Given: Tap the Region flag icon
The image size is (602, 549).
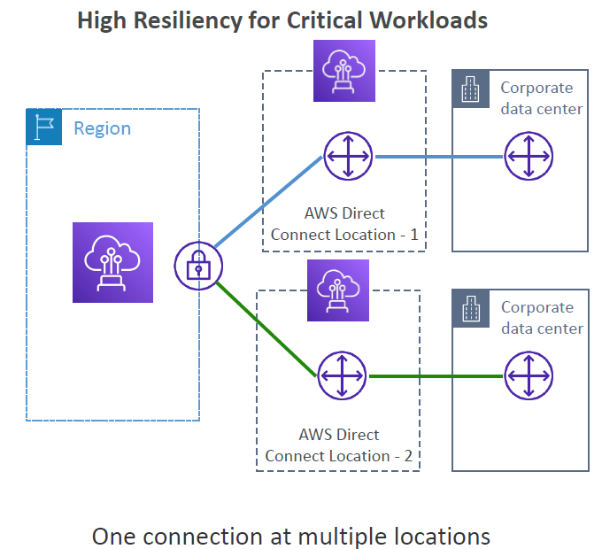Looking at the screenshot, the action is point(43,127).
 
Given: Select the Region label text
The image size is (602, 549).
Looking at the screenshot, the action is point(102,128).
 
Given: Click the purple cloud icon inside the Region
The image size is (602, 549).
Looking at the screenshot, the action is point(113,262).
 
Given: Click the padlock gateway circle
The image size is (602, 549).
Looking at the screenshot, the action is point(198,266).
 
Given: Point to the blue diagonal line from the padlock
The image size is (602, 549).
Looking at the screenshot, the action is point(268,202).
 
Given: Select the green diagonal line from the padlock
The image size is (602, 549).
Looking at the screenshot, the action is point(266,329).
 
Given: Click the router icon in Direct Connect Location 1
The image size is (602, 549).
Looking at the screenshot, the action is point(348,156).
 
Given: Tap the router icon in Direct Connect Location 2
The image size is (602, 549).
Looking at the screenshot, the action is point(342,375).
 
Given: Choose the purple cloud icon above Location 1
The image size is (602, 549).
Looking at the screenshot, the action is point(344,71).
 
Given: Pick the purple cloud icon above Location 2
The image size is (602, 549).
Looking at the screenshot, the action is point(338,290).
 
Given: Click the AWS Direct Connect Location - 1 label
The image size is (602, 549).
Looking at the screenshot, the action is point(344,224).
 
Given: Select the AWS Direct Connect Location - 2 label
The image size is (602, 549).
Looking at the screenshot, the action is point(338,445).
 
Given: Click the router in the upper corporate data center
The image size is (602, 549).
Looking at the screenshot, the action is point(529,156).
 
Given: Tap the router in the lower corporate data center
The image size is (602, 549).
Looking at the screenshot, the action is point(529,375).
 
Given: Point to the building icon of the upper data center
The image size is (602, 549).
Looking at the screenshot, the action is point(471,89).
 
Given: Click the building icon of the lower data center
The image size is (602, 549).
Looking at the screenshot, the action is point(471,308).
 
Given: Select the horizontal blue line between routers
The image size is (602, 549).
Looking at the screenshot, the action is point(439,157).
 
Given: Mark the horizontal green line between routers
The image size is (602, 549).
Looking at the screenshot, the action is point(436,376).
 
